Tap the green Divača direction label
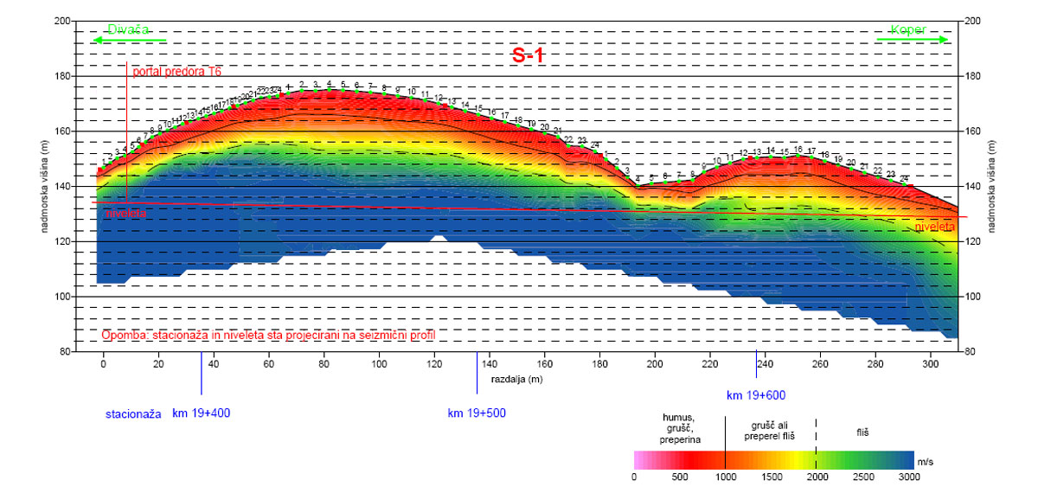click(124, 29)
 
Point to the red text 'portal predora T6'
click(177, 71)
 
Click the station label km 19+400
click(202, 413)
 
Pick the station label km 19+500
click(477, 413)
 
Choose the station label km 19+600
click(756, 395)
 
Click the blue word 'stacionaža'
click(134, 413)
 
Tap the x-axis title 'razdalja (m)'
click(517, 379)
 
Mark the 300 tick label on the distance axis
click(931, 364)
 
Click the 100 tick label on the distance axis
click(379, 364)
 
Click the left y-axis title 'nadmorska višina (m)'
click(44, 186)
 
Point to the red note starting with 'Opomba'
click(268, 334)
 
